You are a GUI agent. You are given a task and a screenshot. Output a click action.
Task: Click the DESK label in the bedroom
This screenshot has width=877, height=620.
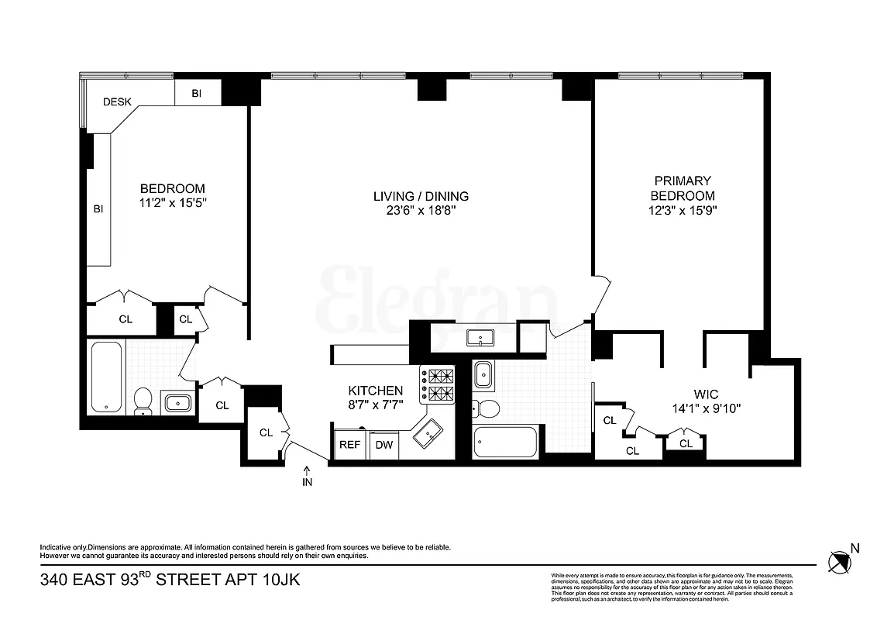click(117, 102)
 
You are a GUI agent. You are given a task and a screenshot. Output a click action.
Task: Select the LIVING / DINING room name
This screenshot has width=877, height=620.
click(421, 196)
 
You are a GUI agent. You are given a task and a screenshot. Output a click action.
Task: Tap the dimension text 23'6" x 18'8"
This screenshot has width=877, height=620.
click(421, 211)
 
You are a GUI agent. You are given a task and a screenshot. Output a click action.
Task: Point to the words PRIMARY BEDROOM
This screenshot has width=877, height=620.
click(682, 188)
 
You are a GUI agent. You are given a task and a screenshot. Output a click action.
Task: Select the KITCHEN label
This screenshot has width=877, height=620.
click(375, 391)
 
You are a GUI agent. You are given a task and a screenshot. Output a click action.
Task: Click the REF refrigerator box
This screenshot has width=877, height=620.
click(351, 445)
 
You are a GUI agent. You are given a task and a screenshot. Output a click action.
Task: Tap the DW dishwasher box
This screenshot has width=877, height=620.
click(383, 445)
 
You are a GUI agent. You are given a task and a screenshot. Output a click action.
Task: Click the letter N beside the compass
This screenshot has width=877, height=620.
click(855, 548)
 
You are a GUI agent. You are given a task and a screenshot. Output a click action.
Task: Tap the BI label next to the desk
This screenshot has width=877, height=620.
click(197, 93)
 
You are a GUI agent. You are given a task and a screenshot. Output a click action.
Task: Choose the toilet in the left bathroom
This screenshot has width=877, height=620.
click(143, 401)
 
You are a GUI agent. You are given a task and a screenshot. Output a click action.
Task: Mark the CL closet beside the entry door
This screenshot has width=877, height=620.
click(266, 432)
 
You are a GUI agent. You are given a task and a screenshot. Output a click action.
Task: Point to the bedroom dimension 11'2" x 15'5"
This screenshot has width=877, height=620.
click(172, 203)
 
